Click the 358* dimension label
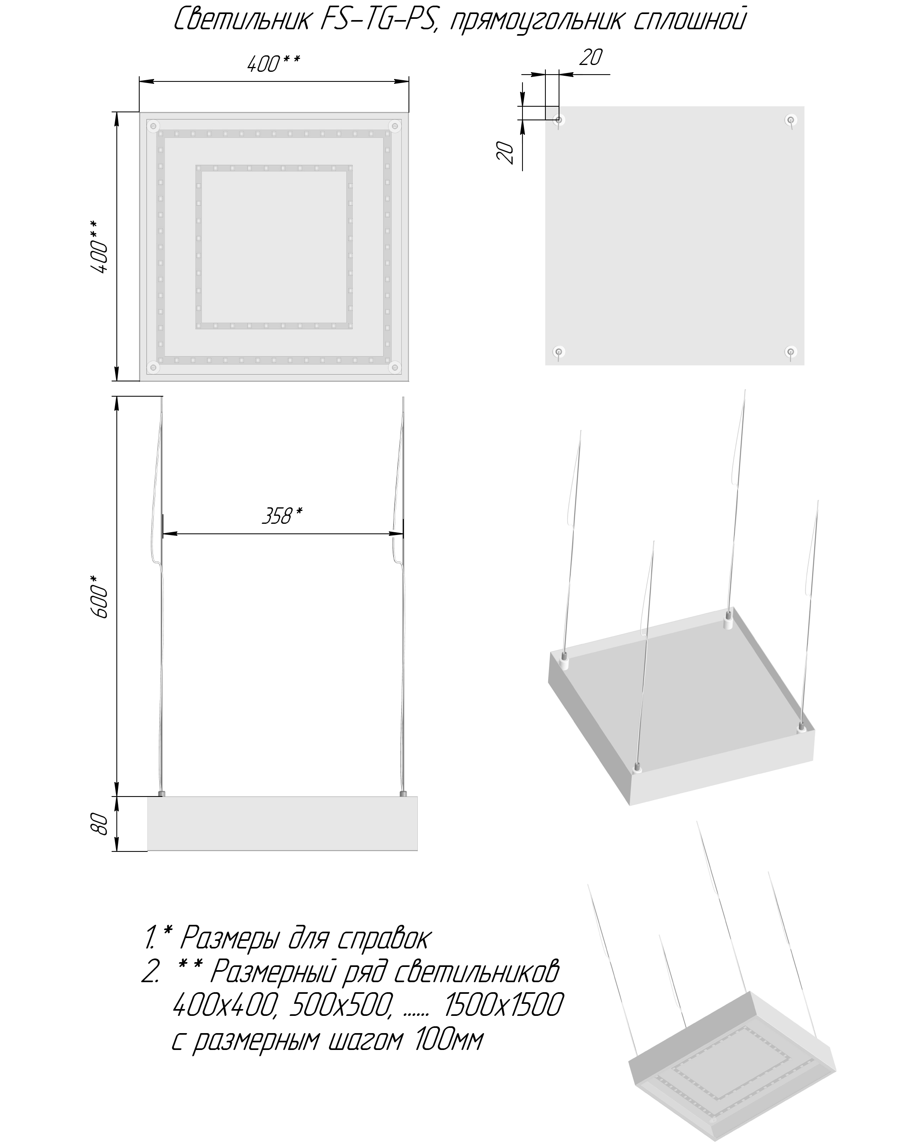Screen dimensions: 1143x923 [x=282, y=515]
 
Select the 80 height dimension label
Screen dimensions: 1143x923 [x=100, y=824]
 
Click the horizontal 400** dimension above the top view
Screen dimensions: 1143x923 [x=273, y=64]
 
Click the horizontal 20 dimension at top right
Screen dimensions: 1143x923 [x=590, y=57]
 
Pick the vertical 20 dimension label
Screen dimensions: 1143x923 [x=506, y=152]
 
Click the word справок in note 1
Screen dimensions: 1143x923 [x=383, y=939]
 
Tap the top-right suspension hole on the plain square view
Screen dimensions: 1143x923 [x=791, y=120]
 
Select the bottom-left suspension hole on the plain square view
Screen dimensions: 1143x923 [x=558, y=351]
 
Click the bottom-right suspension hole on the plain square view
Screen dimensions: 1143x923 [x=791, y=351]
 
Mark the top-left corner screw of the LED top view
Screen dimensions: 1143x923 [x=154, y=126]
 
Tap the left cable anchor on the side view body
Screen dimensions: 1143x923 [x=162, y=794]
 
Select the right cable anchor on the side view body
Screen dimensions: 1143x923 [x=403, y=794]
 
